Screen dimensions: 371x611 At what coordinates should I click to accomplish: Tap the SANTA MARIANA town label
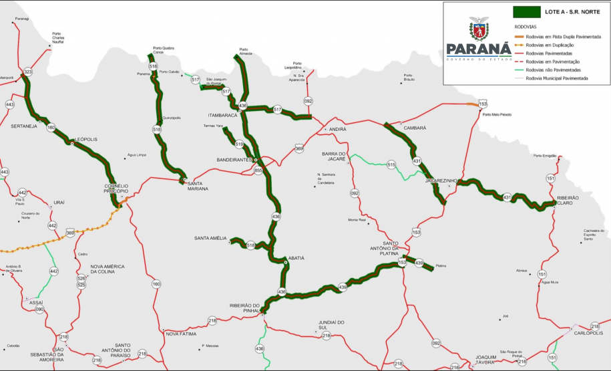tap(198, 186)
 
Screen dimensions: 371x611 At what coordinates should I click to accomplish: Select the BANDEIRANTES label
tap(234, 160)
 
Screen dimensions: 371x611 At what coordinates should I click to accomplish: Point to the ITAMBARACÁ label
tap(223, 115)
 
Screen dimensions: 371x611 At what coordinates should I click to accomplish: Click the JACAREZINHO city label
tap(440, 180)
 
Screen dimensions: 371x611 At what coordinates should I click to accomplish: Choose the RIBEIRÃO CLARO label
tap(568, 200)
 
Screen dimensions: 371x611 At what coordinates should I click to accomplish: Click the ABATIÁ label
tap(296, 257)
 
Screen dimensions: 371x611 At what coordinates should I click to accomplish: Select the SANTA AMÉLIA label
tap(211, 238)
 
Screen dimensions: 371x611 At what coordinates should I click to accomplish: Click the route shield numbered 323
tap(27, 72)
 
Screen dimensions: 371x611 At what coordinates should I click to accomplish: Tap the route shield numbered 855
tap(258, 170)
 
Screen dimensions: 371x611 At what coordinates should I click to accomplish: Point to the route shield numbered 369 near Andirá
tap(299, 148)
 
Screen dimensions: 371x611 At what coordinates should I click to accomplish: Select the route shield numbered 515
tap(391, 164)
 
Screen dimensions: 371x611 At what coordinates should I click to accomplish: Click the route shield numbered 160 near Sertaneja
tap(51, 127)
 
